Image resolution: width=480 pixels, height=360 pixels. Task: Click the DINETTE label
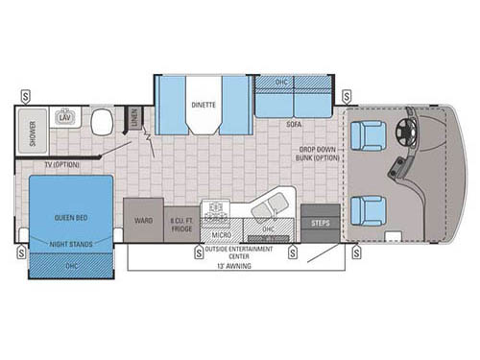pos(203,104)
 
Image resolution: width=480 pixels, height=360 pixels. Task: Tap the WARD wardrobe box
pos(141,221)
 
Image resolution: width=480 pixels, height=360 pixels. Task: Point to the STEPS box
pos(319,223)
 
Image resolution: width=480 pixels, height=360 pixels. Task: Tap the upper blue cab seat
pos(369,138)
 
